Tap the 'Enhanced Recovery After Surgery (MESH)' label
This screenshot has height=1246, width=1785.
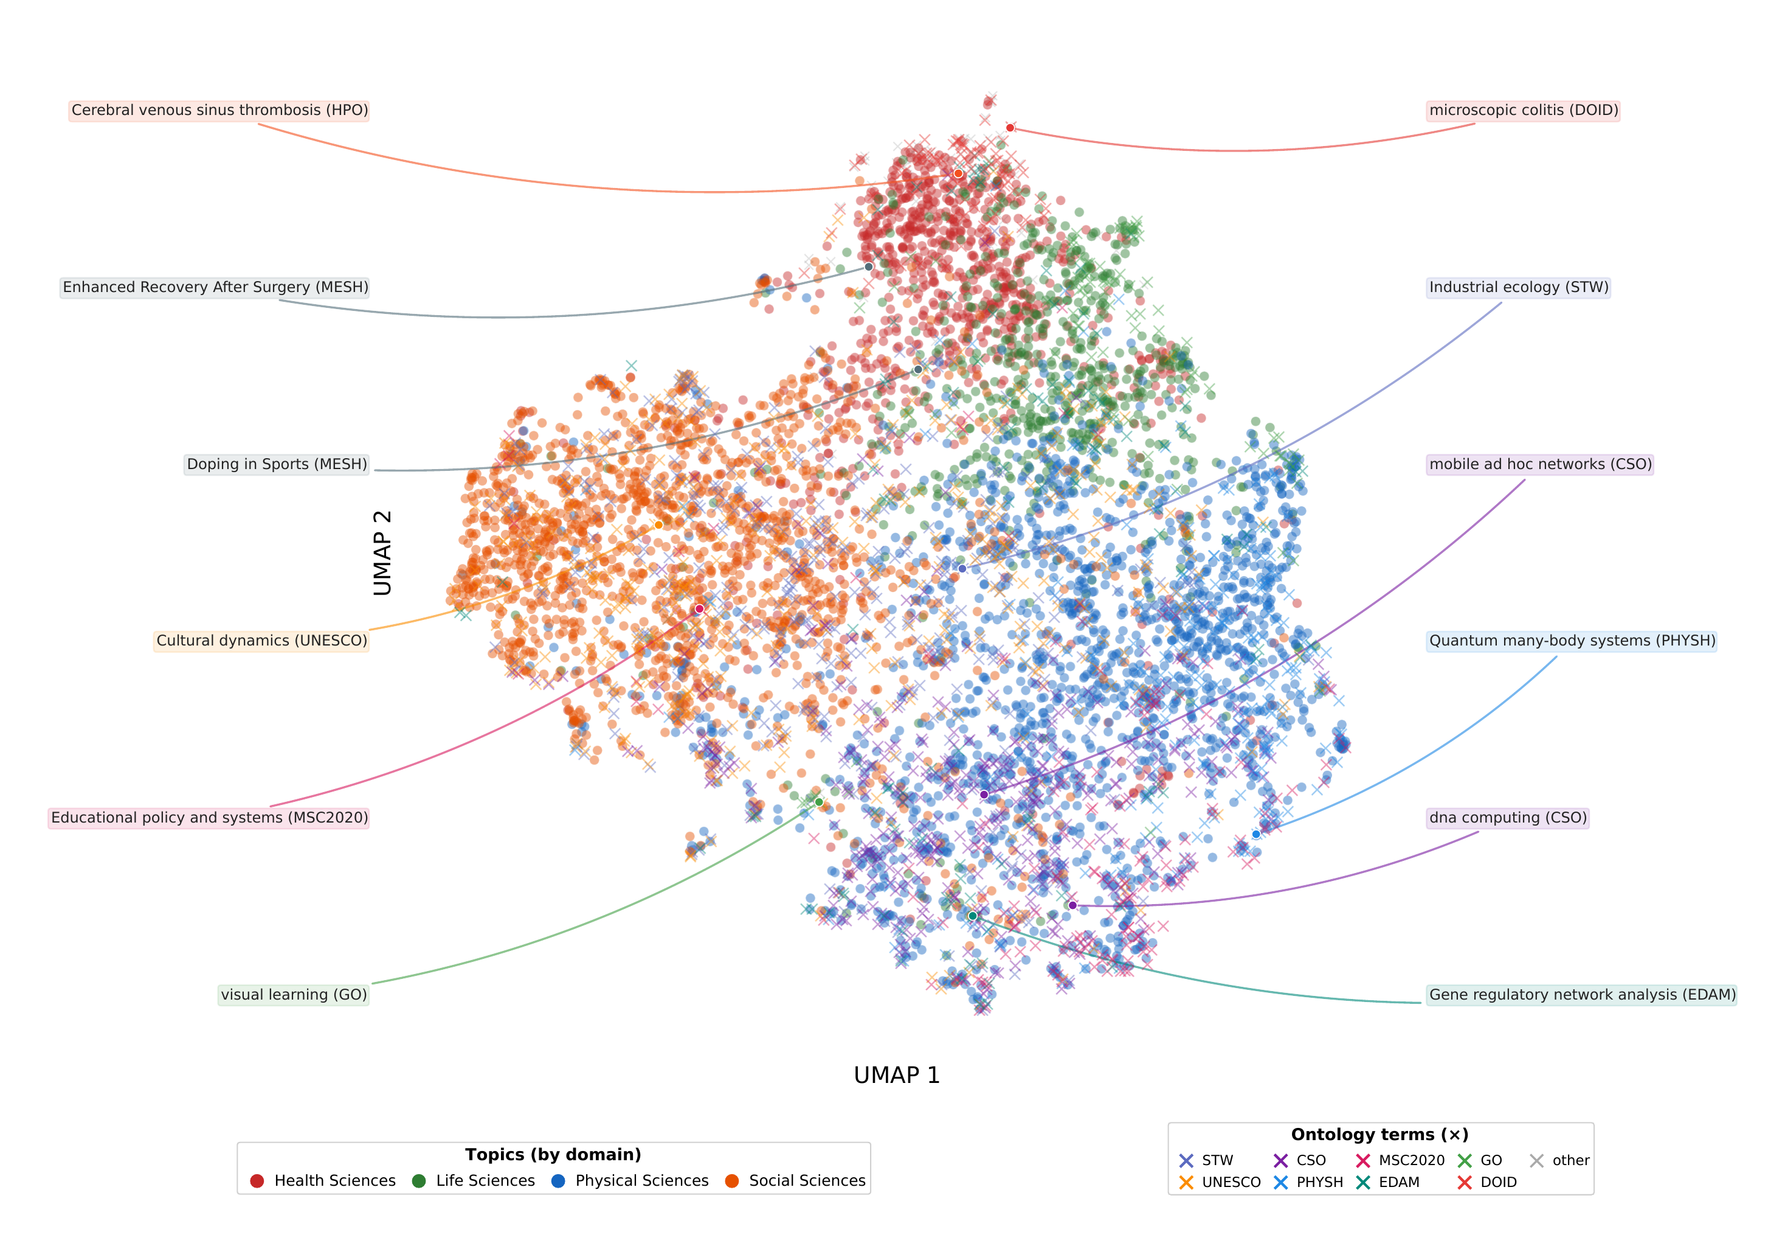(215, 287)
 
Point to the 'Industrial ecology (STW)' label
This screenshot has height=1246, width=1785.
(1518, 287)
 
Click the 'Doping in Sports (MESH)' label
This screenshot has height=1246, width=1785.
(277, 464)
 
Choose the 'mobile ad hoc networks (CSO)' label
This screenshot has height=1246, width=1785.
(1540, 464)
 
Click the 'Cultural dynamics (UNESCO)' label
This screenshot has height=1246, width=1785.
(261, 641)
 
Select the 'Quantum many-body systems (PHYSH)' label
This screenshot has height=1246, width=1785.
(1571, 641)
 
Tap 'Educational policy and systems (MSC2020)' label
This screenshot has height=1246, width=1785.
(209, 818)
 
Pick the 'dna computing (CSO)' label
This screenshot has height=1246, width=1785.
(1507, 818)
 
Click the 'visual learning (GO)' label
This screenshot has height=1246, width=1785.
(294, 995)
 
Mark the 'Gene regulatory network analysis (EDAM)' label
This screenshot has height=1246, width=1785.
(1581, 995)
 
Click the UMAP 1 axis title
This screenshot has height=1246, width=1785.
(896, 1076)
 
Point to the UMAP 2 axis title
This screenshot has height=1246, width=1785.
(382, 553)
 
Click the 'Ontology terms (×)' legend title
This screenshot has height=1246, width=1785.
(1379, 1135)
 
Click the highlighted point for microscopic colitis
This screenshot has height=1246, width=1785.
(1010, 128)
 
